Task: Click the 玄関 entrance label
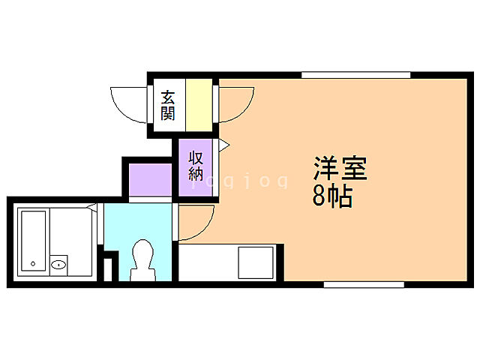point(168,105)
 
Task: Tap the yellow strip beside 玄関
point(199,106)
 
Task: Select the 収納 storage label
point(196,166)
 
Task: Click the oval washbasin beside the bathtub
point(59,264)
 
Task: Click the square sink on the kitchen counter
point(257,262)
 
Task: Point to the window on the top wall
point(356,74)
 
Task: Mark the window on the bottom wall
point(364,284)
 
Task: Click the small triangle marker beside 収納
point(223,143)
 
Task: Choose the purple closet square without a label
point(151,179)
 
